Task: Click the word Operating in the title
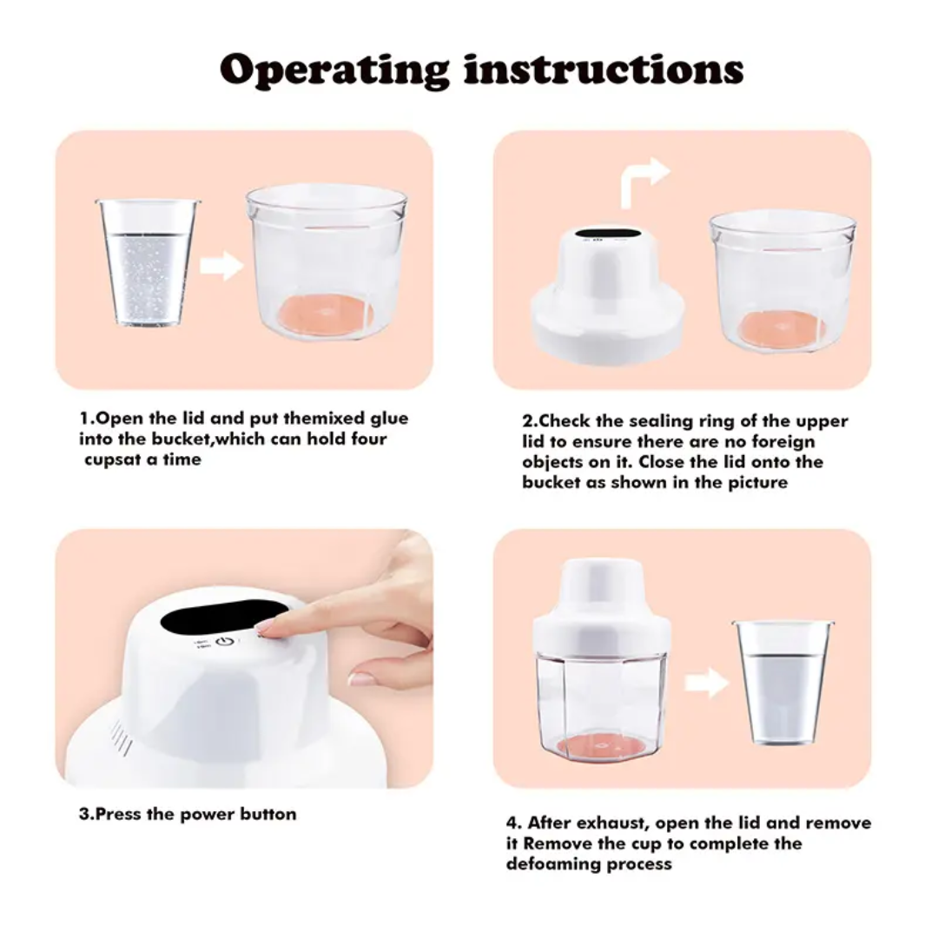[334, 69]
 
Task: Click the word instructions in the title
[604, 69]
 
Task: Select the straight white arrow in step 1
[221, 266]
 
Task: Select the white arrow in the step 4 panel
[705, 683]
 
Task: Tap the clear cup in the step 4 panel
[782, 681]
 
